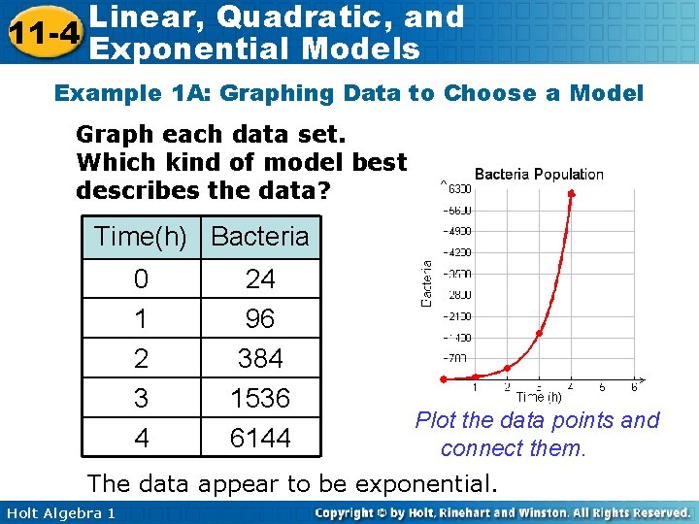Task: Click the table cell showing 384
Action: [260, 358]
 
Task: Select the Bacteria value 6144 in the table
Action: [260, 438]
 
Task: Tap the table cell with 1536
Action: [260, 398]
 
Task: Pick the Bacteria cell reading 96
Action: [260, 318]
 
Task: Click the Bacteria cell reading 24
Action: [260, 279]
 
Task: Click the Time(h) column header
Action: [142, 236]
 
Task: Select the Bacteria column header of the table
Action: [260, 236]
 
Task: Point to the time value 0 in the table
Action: [142, 279]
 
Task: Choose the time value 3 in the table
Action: [142, 398]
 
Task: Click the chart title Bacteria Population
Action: [539, 175]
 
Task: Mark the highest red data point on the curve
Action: [571, 194]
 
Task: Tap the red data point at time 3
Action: [540, 333]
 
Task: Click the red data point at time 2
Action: [508, 368]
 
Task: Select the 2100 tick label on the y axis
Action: [458, 315]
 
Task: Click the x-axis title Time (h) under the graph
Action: [539, 397]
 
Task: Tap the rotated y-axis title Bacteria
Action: [427, 282]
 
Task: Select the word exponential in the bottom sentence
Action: [427, 482]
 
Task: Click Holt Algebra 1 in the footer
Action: [58, 512]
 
